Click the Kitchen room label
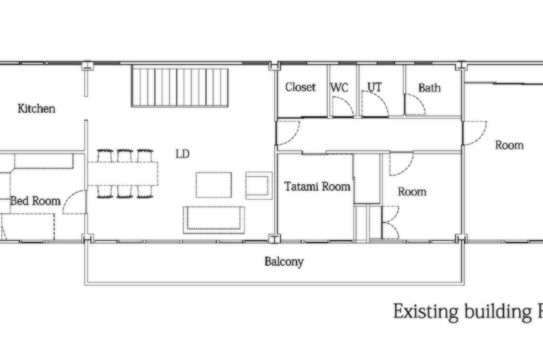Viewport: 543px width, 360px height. [37, 109]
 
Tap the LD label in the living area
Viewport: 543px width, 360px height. [183, 154]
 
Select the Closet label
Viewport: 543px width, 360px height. [300, 87]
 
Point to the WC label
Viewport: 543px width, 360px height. [339, 88]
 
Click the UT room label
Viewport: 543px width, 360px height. [375, 87]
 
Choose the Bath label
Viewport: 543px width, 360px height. [430, 88]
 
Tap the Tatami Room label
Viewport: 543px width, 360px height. [317, 186]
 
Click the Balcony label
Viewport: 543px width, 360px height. [284, 262]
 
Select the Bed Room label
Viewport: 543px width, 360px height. [35, 200]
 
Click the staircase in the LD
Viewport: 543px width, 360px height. [180, 88]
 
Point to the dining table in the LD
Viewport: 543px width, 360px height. [123, 174]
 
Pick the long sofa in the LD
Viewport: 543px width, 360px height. [214, 219]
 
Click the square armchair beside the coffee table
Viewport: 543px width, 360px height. [259, 185]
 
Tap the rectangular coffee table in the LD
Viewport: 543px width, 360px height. [214, 185]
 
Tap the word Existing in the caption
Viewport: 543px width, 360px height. [426, 312]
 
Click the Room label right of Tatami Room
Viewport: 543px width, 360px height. [412, 192]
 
